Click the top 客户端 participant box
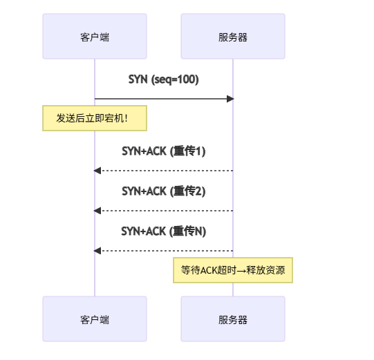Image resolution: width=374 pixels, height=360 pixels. pos(95,36)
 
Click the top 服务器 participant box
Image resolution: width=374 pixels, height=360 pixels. pos(233,36)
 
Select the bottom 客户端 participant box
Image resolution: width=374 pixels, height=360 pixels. pos(95,319)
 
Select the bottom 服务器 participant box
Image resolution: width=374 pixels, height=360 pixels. pos(233,319)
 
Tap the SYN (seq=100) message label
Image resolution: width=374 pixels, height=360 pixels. pos(163,79)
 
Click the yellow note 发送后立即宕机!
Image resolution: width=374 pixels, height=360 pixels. pos(95,118)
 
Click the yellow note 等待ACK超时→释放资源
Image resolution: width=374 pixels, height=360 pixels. pos(233,270)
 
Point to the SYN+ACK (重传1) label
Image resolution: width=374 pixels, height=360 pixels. pos(163,151)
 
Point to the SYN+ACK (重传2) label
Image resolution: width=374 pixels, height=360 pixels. pos(163,191)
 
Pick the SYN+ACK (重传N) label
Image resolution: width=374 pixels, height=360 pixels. pos(163,231)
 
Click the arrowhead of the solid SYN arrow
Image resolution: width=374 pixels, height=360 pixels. pos(230,99)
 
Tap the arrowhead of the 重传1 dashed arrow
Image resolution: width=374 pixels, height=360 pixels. pos(97,170)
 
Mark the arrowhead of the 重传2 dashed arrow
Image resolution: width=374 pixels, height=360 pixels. pos(97,210)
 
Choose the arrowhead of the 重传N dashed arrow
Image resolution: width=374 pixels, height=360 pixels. pos(97,250)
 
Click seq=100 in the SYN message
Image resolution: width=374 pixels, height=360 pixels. pos(176,79)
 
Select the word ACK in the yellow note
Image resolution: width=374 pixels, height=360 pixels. pos(209,270)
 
